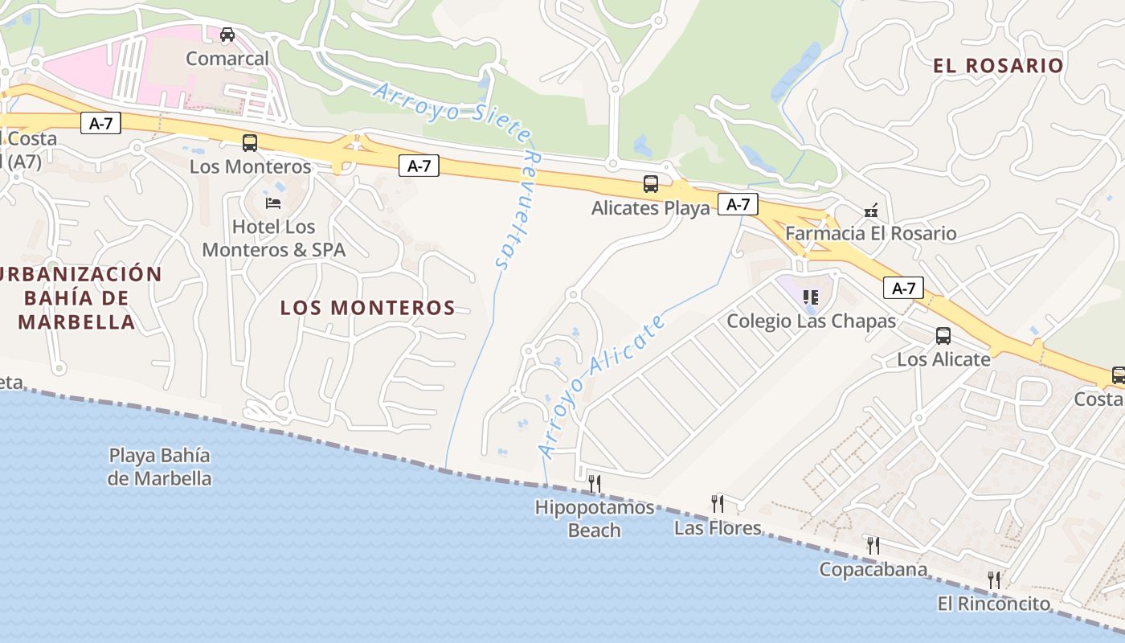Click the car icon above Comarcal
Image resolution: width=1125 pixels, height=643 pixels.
pyautogui.click(x=227, y=35)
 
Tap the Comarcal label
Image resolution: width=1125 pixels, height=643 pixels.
pyautogui.click(x=227, y=59)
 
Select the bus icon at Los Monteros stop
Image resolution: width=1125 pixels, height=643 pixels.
pyautogui.click(x=250, y=143)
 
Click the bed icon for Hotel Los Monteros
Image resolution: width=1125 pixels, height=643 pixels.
pyautogui.click(x=273, y=203)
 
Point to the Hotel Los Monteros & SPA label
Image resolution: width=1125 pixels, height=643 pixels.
pyautogui.click(x=273, y=238)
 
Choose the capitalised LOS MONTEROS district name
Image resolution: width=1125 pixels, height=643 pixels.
pyautogui.click(x=367, y=308)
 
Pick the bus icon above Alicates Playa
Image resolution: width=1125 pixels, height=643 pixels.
pyautogui.click(x=651, y=184)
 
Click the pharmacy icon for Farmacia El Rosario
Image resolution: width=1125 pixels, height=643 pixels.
pyautogui.click(x=870, y=211)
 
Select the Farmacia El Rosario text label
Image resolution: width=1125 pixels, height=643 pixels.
pyautogui.click(x=871, y=234)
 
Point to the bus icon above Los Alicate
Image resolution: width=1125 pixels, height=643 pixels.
pyautogui.click(x=943, y=336)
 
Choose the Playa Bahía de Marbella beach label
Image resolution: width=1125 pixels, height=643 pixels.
pyautogui.click(x=160, y=467)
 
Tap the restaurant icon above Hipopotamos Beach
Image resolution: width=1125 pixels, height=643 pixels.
pyautogui.click(x=595, y=483)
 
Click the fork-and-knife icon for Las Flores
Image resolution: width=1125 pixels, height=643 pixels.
pyautogui.click(x=718, y=504)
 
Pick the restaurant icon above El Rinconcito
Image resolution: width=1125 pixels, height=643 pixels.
pyautogui.click(x=994, y=580)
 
